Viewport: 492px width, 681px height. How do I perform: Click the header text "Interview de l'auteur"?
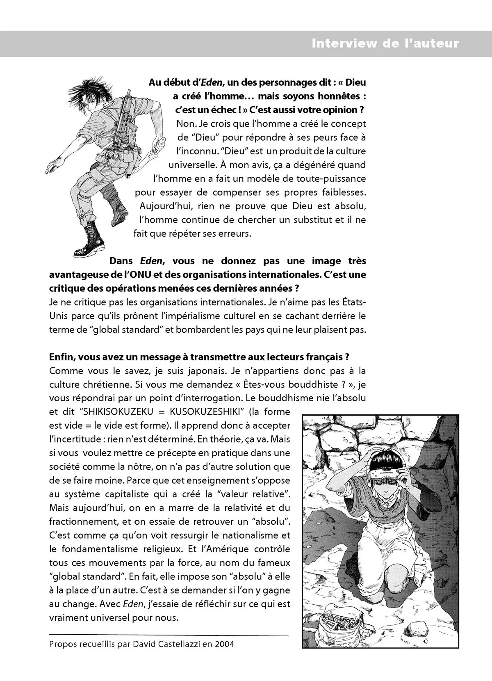385,43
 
